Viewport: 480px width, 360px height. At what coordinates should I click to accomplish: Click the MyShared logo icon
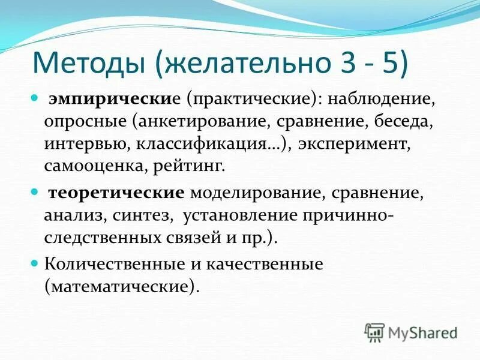(374, 332)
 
